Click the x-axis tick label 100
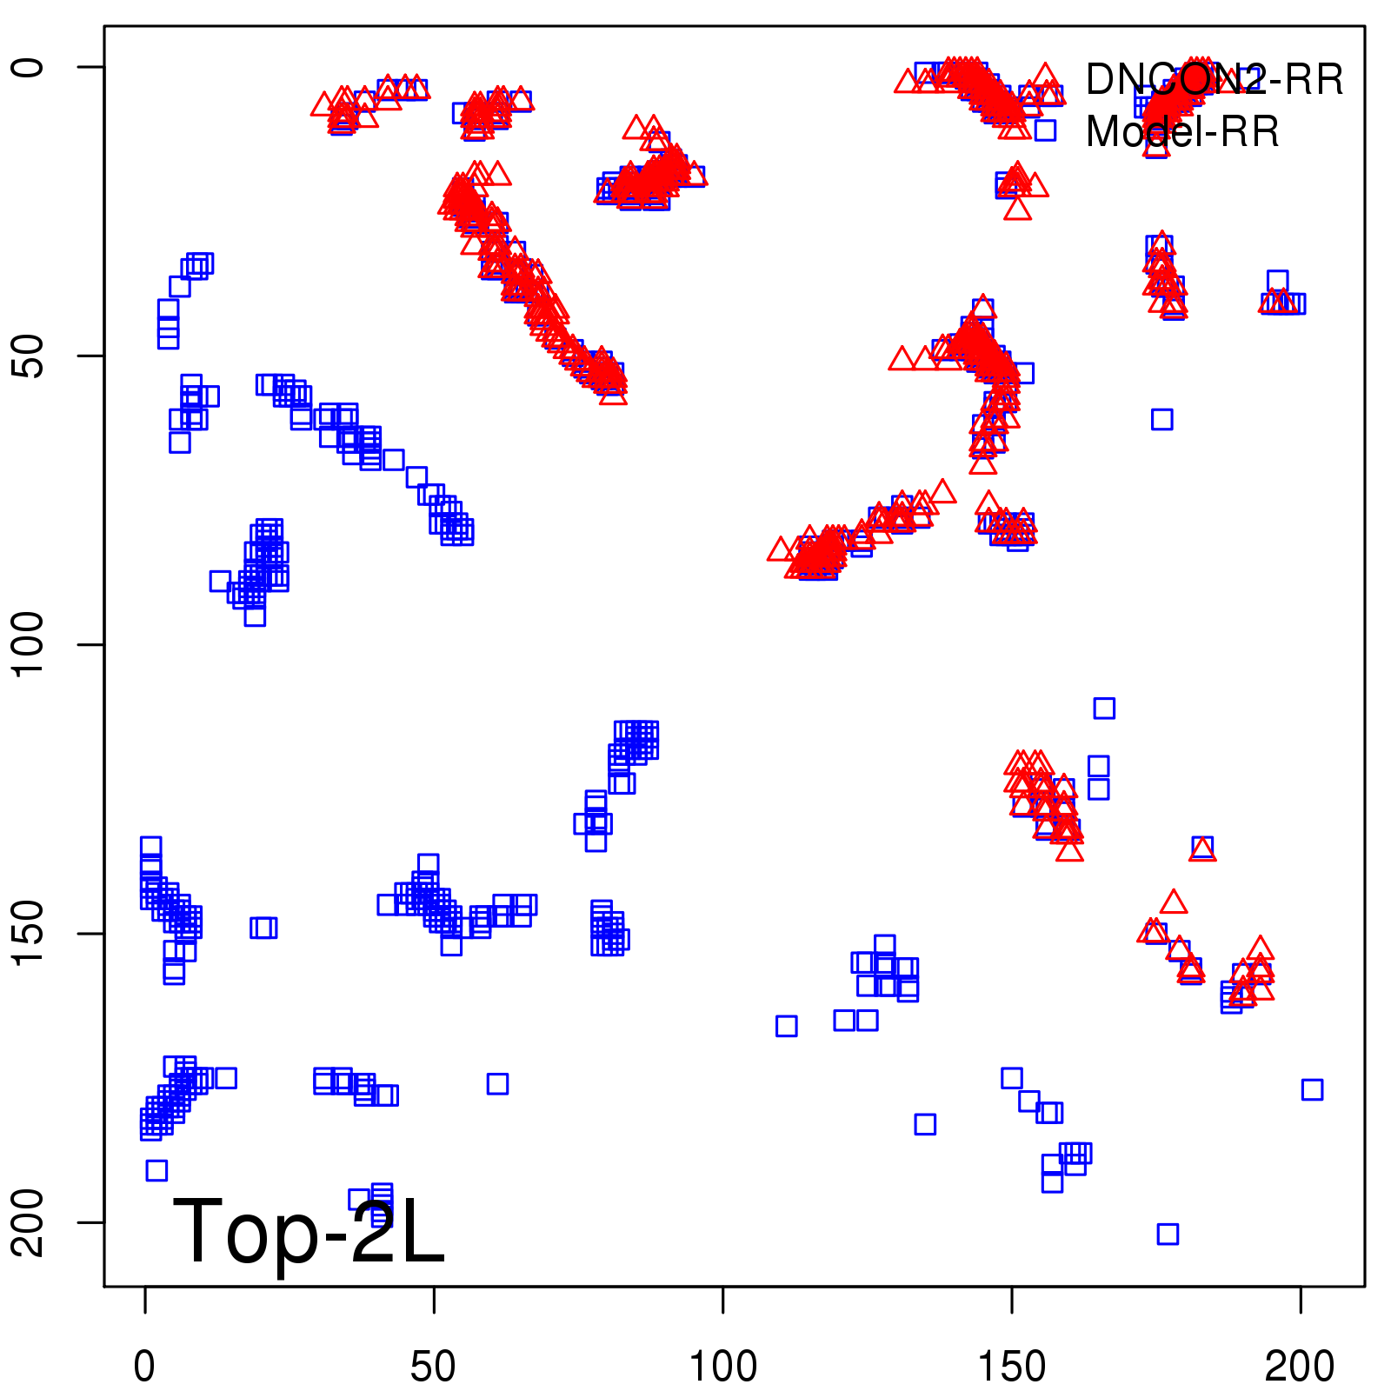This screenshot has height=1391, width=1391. coord(722,1368)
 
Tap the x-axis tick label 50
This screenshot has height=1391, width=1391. coord(433,1368)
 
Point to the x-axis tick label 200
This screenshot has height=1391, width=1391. coord(1300,1368)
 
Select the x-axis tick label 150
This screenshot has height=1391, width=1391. coord(1011,1368)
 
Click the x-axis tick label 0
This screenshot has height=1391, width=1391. coord(144,1368)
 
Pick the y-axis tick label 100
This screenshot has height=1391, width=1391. coord(28,644)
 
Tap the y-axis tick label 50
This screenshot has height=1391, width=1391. coord(28,356)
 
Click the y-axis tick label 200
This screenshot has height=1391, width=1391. coord(28,1221)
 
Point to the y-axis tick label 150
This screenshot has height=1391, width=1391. coord(28,933)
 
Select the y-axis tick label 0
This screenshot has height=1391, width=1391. coord(28,67)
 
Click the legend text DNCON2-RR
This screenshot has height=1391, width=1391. coord(1214,80)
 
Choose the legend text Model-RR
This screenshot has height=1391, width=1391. coord(1182,132)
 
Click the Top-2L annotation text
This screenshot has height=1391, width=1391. coord(309,1230)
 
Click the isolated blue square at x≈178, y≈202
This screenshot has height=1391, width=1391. coord(1168,1234)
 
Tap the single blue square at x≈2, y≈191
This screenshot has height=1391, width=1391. coord(156,1170)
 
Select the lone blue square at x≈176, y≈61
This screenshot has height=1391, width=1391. coord(1161,419)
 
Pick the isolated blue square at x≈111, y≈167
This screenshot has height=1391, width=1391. coord(786,1026)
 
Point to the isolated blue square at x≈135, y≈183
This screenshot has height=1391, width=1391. coord(925,1124)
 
